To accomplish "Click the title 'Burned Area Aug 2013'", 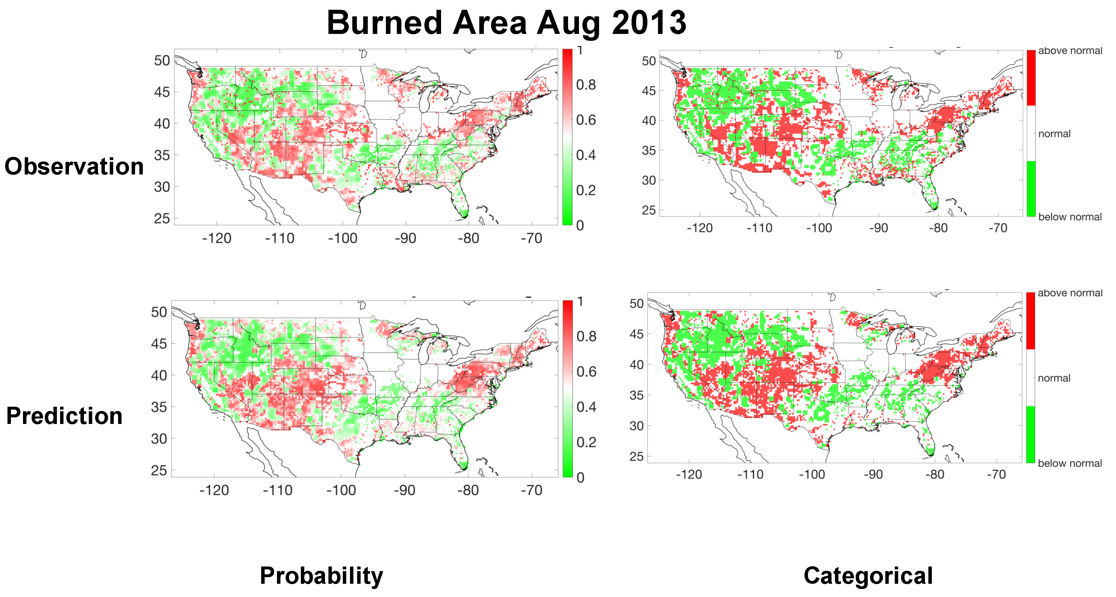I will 506,23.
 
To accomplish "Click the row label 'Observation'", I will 74,166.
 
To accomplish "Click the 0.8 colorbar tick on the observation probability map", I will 585,85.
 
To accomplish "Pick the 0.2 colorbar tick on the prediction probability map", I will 586,442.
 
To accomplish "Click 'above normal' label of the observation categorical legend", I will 1070,51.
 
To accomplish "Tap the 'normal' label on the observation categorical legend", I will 1054,134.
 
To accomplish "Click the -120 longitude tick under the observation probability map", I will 217,238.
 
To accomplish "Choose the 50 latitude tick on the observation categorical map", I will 649,61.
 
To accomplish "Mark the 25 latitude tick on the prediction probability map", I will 159,471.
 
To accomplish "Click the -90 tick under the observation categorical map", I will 879,228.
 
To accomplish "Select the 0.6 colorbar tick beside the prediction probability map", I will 586,372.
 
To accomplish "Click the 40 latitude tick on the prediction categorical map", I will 636,365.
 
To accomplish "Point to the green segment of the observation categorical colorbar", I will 1031,189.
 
